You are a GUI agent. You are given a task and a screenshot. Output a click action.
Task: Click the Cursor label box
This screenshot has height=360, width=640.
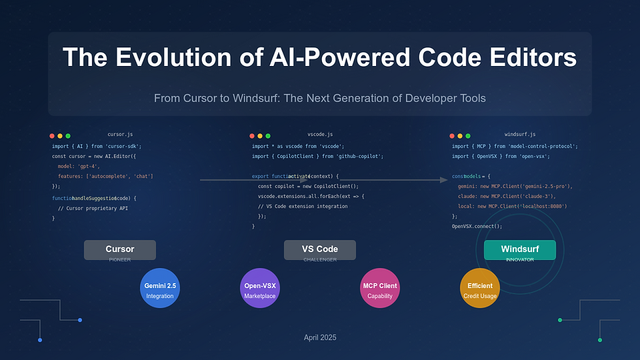(120, 249)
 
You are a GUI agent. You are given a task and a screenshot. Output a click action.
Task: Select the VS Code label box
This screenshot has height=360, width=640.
(319, 249)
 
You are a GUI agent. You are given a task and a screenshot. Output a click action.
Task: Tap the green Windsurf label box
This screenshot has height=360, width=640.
(519, 249)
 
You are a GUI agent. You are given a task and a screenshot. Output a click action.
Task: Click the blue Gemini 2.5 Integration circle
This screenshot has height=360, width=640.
(160, 288)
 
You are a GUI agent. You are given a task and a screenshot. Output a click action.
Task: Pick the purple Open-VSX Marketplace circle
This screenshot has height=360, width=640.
(260, 288)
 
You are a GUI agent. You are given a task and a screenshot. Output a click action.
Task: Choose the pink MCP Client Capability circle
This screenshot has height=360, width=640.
(379, 288)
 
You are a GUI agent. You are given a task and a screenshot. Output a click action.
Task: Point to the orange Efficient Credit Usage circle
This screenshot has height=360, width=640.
(480, 288)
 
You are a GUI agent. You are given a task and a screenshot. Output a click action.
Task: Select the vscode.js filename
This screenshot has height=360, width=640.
(320, 135)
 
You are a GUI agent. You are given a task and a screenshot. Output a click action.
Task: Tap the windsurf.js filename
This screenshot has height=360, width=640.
(520, 135)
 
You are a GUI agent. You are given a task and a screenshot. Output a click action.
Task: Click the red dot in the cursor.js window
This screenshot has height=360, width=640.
(52, 136)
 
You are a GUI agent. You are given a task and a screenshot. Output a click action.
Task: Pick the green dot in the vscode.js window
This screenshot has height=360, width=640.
(268, 136)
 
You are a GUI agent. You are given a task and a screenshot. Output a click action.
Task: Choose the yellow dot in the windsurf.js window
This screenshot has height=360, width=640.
(460, 136)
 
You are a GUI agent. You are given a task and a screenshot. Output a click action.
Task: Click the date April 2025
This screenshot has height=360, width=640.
(320, 338)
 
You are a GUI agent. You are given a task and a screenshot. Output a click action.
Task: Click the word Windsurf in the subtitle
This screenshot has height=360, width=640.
(268, 98)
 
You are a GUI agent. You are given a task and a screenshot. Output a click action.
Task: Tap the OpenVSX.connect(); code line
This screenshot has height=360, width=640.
(477, 226)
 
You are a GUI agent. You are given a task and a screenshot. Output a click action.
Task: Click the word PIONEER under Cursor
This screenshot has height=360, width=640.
(120, 259)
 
